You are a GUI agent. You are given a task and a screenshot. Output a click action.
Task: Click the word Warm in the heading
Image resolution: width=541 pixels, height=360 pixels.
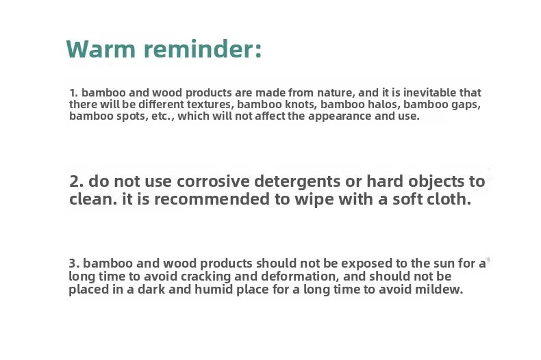click(101, 49)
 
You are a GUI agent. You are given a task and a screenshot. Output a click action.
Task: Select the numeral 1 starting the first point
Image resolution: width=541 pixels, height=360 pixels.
click(73, 93)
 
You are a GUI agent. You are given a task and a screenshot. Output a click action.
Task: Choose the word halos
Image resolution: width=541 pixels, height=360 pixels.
click(379, 104)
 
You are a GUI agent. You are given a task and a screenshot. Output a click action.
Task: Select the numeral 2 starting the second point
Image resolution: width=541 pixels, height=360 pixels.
click(76, 181)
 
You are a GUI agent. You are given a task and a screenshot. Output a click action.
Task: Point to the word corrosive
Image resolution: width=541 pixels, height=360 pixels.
click(213, 181)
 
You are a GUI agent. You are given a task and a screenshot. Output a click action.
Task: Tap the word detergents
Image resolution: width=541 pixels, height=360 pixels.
click(297, 182)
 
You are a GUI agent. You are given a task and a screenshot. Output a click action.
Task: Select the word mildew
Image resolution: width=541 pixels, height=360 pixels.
click(438, 290)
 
